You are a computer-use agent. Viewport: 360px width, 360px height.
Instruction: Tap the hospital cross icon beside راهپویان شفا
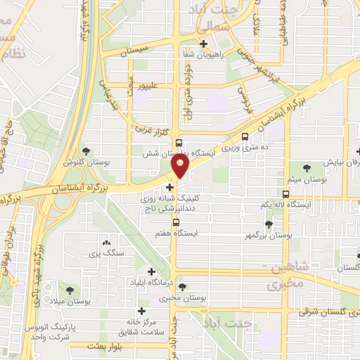[x=202, y=44]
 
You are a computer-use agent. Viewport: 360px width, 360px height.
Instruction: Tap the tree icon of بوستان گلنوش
[x=86, y=150]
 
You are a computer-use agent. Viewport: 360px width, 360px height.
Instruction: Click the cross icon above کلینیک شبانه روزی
[x=169, y=187]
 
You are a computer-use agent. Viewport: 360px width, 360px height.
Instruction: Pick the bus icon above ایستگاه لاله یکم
[x=285, y=193]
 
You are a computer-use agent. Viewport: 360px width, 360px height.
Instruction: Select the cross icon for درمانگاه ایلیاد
[x=151, y=271]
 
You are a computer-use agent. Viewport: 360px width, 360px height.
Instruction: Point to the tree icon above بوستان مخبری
[x=183, y=287]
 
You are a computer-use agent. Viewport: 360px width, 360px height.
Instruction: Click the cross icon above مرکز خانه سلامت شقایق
[x=142, y=311]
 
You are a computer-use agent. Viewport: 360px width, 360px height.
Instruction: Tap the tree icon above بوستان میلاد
[x=69, y=290]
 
